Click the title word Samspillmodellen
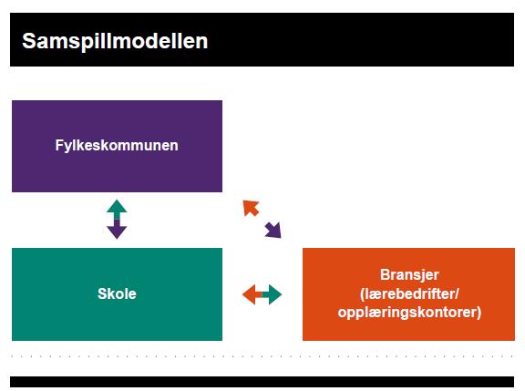pyautogui.click(x=115, y=42)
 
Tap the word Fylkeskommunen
pyautogui.click(x=117, y=146)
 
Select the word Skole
pyautogui.click(x=117, y=293)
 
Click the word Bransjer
pyautogui.click(x=409, y=275)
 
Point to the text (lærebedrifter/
pyautogui.click(x=409, y=293)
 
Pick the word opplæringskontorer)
pyautogui.click(x=409, y=313)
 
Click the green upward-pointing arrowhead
pyautogui.click(x=117, y=208)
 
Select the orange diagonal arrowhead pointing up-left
pyautogui.click(x=251, y=208)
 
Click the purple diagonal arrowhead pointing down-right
pyautogui.click(x=273, y=231)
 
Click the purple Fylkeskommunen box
pyautogui.click(x=117, y=147)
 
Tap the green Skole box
pyautogui.click(x=117, y=294)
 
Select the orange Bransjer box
pyautogui.click(x=408, y=294)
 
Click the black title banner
pyautogui.click(x=262, y=39)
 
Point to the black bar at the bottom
pyautogui.click(x=262, y=382)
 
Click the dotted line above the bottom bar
pyautogui.click(x=262, y=356)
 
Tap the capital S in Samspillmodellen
pyautogui.click(x=30, y=41)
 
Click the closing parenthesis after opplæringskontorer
pyautogui.click(x=479, y=313)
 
